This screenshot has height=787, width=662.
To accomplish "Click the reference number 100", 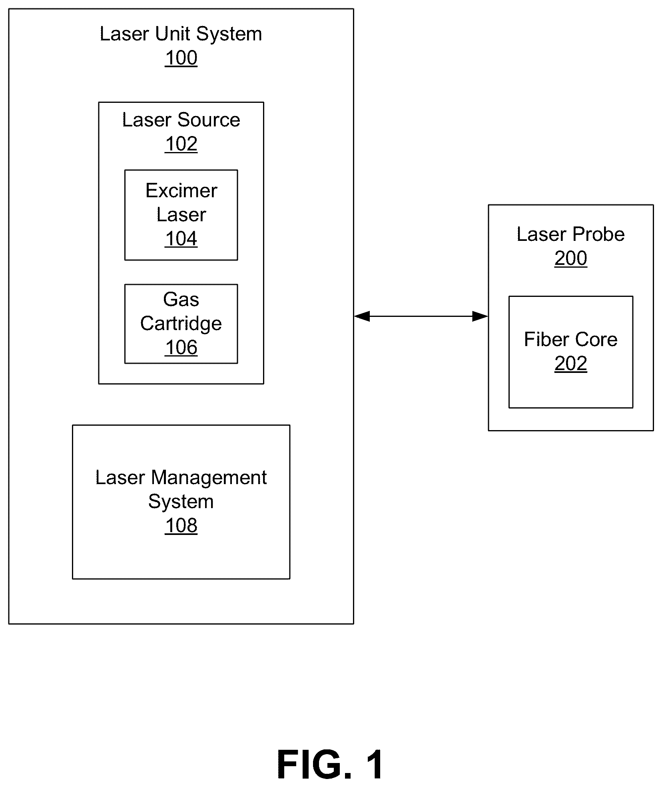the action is click(181, 58).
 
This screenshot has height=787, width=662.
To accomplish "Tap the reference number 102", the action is click(181, 144).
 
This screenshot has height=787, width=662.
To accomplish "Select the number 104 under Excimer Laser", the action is click(181, 239).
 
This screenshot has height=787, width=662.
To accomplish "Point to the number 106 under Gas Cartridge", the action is click(181, 348).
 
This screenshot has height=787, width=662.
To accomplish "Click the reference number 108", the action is click(181, 526).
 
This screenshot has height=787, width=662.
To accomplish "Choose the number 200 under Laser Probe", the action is click(570, 258).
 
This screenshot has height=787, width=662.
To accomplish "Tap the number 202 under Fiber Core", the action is click(570, 364).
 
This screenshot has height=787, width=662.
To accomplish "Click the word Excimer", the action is click(181, 190).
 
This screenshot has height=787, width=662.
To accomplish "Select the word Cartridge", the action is click(181, 324).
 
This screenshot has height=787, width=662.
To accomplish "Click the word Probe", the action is click(598, 234).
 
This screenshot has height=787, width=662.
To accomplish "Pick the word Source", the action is click(209, 120).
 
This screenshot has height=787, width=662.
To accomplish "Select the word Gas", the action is click(181, 299).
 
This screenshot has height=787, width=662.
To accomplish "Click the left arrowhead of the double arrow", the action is click(362, 316).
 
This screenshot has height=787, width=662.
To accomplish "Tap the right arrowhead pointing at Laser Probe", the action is click(480, 316).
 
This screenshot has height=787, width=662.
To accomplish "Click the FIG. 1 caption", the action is click(330, 765).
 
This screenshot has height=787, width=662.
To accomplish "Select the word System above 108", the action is click(181, 502).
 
